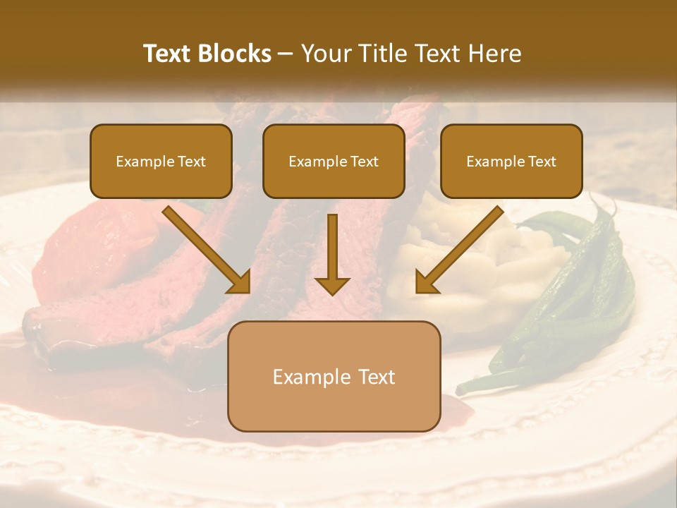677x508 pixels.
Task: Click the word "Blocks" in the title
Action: (x=235, y=54)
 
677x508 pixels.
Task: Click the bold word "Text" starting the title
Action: (x=169, y=54)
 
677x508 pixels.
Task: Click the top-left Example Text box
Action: (x=161, y=162)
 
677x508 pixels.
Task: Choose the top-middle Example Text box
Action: (x=334, y=162)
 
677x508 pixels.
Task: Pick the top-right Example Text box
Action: (x=511, y=162)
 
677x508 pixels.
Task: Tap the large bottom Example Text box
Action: (x=334, y=376)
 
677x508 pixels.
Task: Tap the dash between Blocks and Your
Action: (x=286, y=54)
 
